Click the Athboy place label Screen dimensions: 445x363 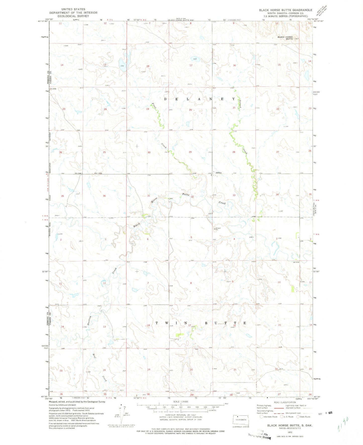218,173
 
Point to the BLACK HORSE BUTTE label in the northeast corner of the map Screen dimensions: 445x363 285,38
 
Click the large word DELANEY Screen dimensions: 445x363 200,99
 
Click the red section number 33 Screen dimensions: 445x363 234,195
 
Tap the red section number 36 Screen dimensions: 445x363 104,196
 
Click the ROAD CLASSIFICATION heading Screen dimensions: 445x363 285,402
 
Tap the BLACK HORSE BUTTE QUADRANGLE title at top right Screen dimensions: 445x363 286,10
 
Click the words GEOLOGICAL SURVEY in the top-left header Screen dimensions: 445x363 73,16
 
